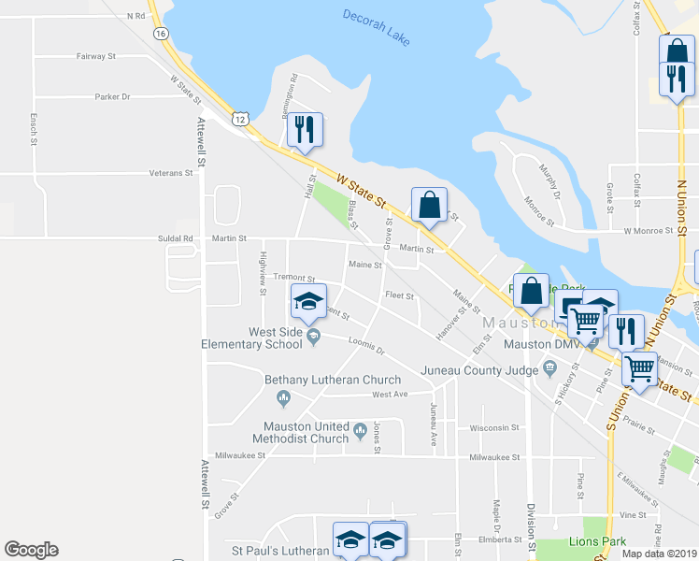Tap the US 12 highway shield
pos(241,119)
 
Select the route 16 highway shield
pos(162,33)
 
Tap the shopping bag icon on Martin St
pos(429,204)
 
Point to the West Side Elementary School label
pos(251,338)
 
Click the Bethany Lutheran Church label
pos(333,380)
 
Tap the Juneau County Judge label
pos(480,368)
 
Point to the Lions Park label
pos(597,541)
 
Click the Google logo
pos(31,550)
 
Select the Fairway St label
pos(95,56)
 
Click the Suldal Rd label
pos(174,238)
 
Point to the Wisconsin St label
pos(494,427)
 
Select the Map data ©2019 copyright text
pos(659,554)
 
